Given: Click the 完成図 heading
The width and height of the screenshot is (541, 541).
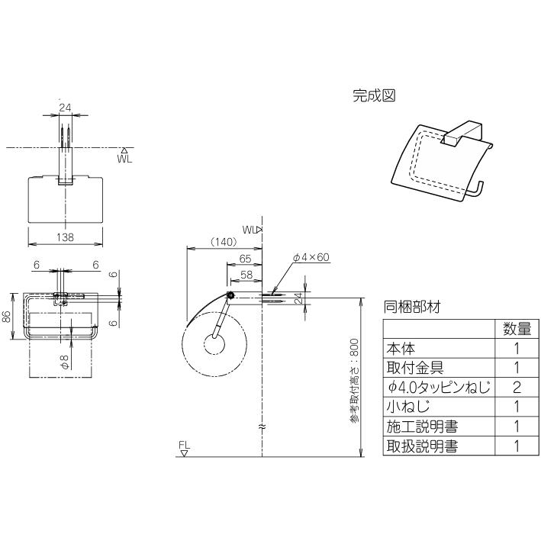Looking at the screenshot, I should tap(373, 96).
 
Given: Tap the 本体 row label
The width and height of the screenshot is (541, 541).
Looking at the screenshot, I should tap(400, 349).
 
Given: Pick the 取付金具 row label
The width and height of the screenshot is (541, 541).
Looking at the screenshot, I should tap(413, 369).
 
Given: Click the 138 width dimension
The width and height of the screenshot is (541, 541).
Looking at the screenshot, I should tap(66, 237).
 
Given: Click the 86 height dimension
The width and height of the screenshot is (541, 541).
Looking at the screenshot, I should tap(7, 315).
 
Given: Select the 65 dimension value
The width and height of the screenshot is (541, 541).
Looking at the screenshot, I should tap(245, 259).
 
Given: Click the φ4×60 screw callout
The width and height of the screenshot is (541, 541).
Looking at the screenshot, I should tap(311, 257).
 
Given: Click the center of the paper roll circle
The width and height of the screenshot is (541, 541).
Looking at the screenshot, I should tap(214, 343).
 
